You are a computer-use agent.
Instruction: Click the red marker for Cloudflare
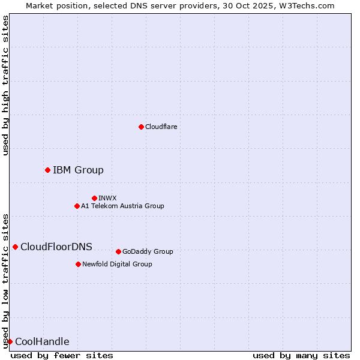coord(141,127)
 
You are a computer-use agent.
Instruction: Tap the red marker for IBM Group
coord(47,170)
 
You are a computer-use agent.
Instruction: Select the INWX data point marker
coord(94,198)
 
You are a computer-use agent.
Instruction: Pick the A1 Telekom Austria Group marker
coord(77,206)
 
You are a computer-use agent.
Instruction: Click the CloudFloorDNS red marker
coord(15,247)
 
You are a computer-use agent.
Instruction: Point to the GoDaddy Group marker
coord(118,251)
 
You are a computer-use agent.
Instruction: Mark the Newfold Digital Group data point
coord(78,264)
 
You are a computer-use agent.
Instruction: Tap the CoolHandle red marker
coord(10,341)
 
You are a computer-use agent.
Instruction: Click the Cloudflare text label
coord(161,127)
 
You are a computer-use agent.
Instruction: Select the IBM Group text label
coord(78,170)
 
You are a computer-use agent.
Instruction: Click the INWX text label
coord(107,198)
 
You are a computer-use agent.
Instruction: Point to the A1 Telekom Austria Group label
coord(122,206)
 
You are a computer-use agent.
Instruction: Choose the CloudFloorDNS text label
coord(56,247)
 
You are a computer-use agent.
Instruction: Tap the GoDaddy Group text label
coord(148,251)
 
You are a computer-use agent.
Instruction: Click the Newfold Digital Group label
coord(117,264)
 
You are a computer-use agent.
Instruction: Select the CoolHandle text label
coord(42,341)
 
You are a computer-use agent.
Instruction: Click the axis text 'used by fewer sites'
coord(62,355)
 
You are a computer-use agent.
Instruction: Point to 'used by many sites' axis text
coord(301,355)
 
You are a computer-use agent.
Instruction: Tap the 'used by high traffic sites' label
coord(5,85)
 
